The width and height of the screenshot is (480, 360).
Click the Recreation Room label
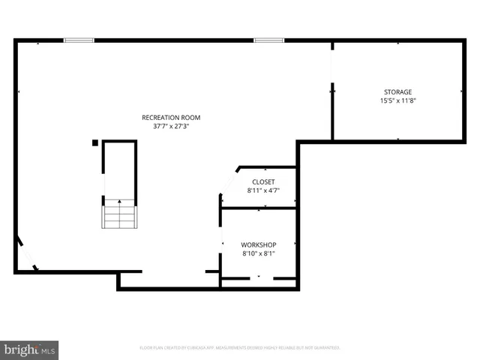click(x=171, y=117)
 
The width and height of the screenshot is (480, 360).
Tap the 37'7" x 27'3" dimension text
click(x=171, y=127)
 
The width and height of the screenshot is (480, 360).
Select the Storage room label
click(x=397, y=91)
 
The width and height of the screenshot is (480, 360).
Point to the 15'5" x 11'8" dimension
click(x=397, y=100)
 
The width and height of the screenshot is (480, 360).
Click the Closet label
click(x=263, y=181)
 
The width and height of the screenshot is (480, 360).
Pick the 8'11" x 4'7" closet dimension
click(x=263, y=191)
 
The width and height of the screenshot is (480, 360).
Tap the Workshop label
click(x=259, y=244)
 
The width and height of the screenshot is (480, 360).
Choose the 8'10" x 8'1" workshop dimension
click(x=259, y=254)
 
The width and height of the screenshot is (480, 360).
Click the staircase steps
click(x=119, y=215)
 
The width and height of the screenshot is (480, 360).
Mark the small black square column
click(x=95, y=142)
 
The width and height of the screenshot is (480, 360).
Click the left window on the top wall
click(x=79, y=40)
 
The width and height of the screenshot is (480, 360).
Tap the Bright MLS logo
click(x=30, y=349)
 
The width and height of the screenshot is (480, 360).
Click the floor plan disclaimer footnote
click(x=240, y=348)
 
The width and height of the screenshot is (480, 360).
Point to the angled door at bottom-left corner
click(x=27, y=255)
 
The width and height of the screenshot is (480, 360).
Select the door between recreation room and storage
click(x=332, y=67)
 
